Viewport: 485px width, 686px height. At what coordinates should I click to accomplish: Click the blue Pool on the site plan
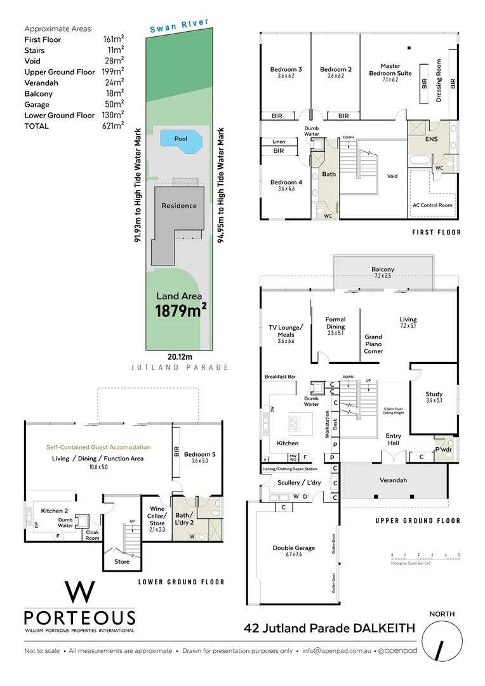[x=180, y=139]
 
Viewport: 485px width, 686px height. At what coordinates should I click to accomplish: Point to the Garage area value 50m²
[x=114, y=104]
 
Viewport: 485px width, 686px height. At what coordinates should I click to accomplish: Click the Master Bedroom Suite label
[x=390, y=69]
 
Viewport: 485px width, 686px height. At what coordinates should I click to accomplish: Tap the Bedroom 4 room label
[x=286, y=182]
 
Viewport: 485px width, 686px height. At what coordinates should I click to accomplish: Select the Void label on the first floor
[x=392, y=176]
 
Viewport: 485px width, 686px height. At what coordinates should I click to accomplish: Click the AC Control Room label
[x=432, y=205]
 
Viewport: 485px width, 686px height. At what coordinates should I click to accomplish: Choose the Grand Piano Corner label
[x=373, y=344]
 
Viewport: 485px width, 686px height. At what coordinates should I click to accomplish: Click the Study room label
[x=434, y=394]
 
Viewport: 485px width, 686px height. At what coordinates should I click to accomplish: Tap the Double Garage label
[x=291, y=548]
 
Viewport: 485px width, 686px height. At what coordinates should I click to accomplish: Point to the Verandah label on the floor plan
[x=393, y=480]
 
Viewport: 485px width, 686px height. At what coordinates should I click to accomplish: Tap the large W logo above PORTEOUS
[x=80, y=592]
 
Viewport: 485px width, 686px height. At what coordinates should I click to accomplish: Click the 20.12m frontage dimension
[x=180, y=357]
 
